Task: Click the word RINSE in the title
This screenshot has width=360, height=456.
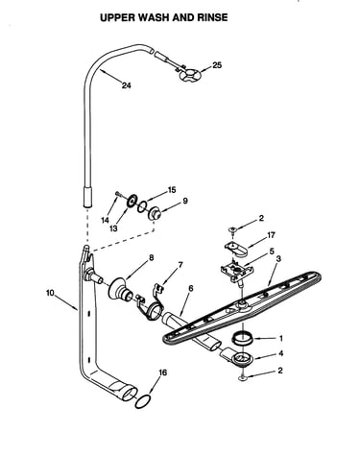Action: click(x=212, y=17)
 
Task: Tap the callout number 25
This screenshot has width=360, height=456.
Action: click(x=217, y=65)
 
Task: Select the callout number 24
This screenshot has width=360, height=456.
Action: click(x=127, y=85)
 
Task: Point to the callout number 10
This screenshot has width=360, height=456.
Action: click(x=50, y=293)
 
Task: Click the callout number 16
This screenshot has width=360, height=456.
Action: click(x=162, y=372)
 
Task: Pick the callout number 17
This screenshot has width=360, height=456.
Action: click(x=271, y=235)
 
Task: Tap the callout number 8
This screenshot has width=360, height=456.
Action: click(x=152, y=257)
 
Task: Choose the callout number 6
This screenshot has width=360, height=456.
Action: click(x=191, y=288)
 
